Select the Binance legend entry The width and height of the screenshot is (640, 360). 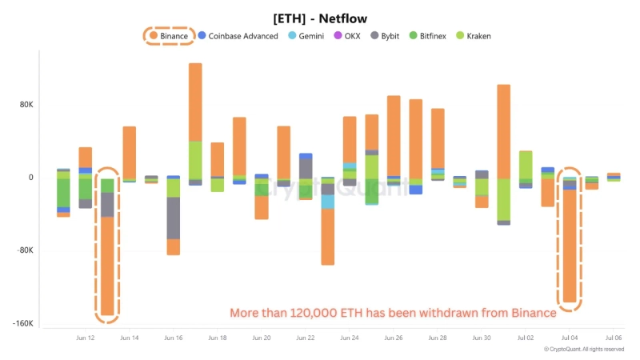tap(169, 36)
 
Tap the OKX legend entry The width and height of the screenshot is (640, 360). tap(350, 36)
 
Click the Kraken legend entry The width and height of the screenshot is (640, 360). tap(474, 36)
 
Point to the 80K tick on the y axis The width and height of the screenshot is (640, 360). tap(25, 105)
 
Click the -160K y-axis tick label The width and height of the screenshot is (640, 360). tap(22, 324)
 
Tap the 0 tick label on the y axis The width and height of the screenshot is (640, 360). tap(30, 178)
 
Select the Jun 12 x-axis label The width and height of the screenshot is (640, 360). tap(86, 338)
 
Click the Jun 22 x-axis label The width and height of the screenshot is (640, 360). tap(306, 338)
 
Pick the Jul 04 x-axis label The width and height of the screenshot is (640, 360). tap(570, 338)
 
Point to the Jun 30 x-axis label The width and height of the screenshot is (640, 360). tap(482, 338)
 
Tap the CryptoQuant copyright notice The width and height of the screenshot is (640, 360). tap(584, 350)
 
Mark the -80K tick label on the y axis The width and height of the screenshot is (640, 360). tap(23, 250)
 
